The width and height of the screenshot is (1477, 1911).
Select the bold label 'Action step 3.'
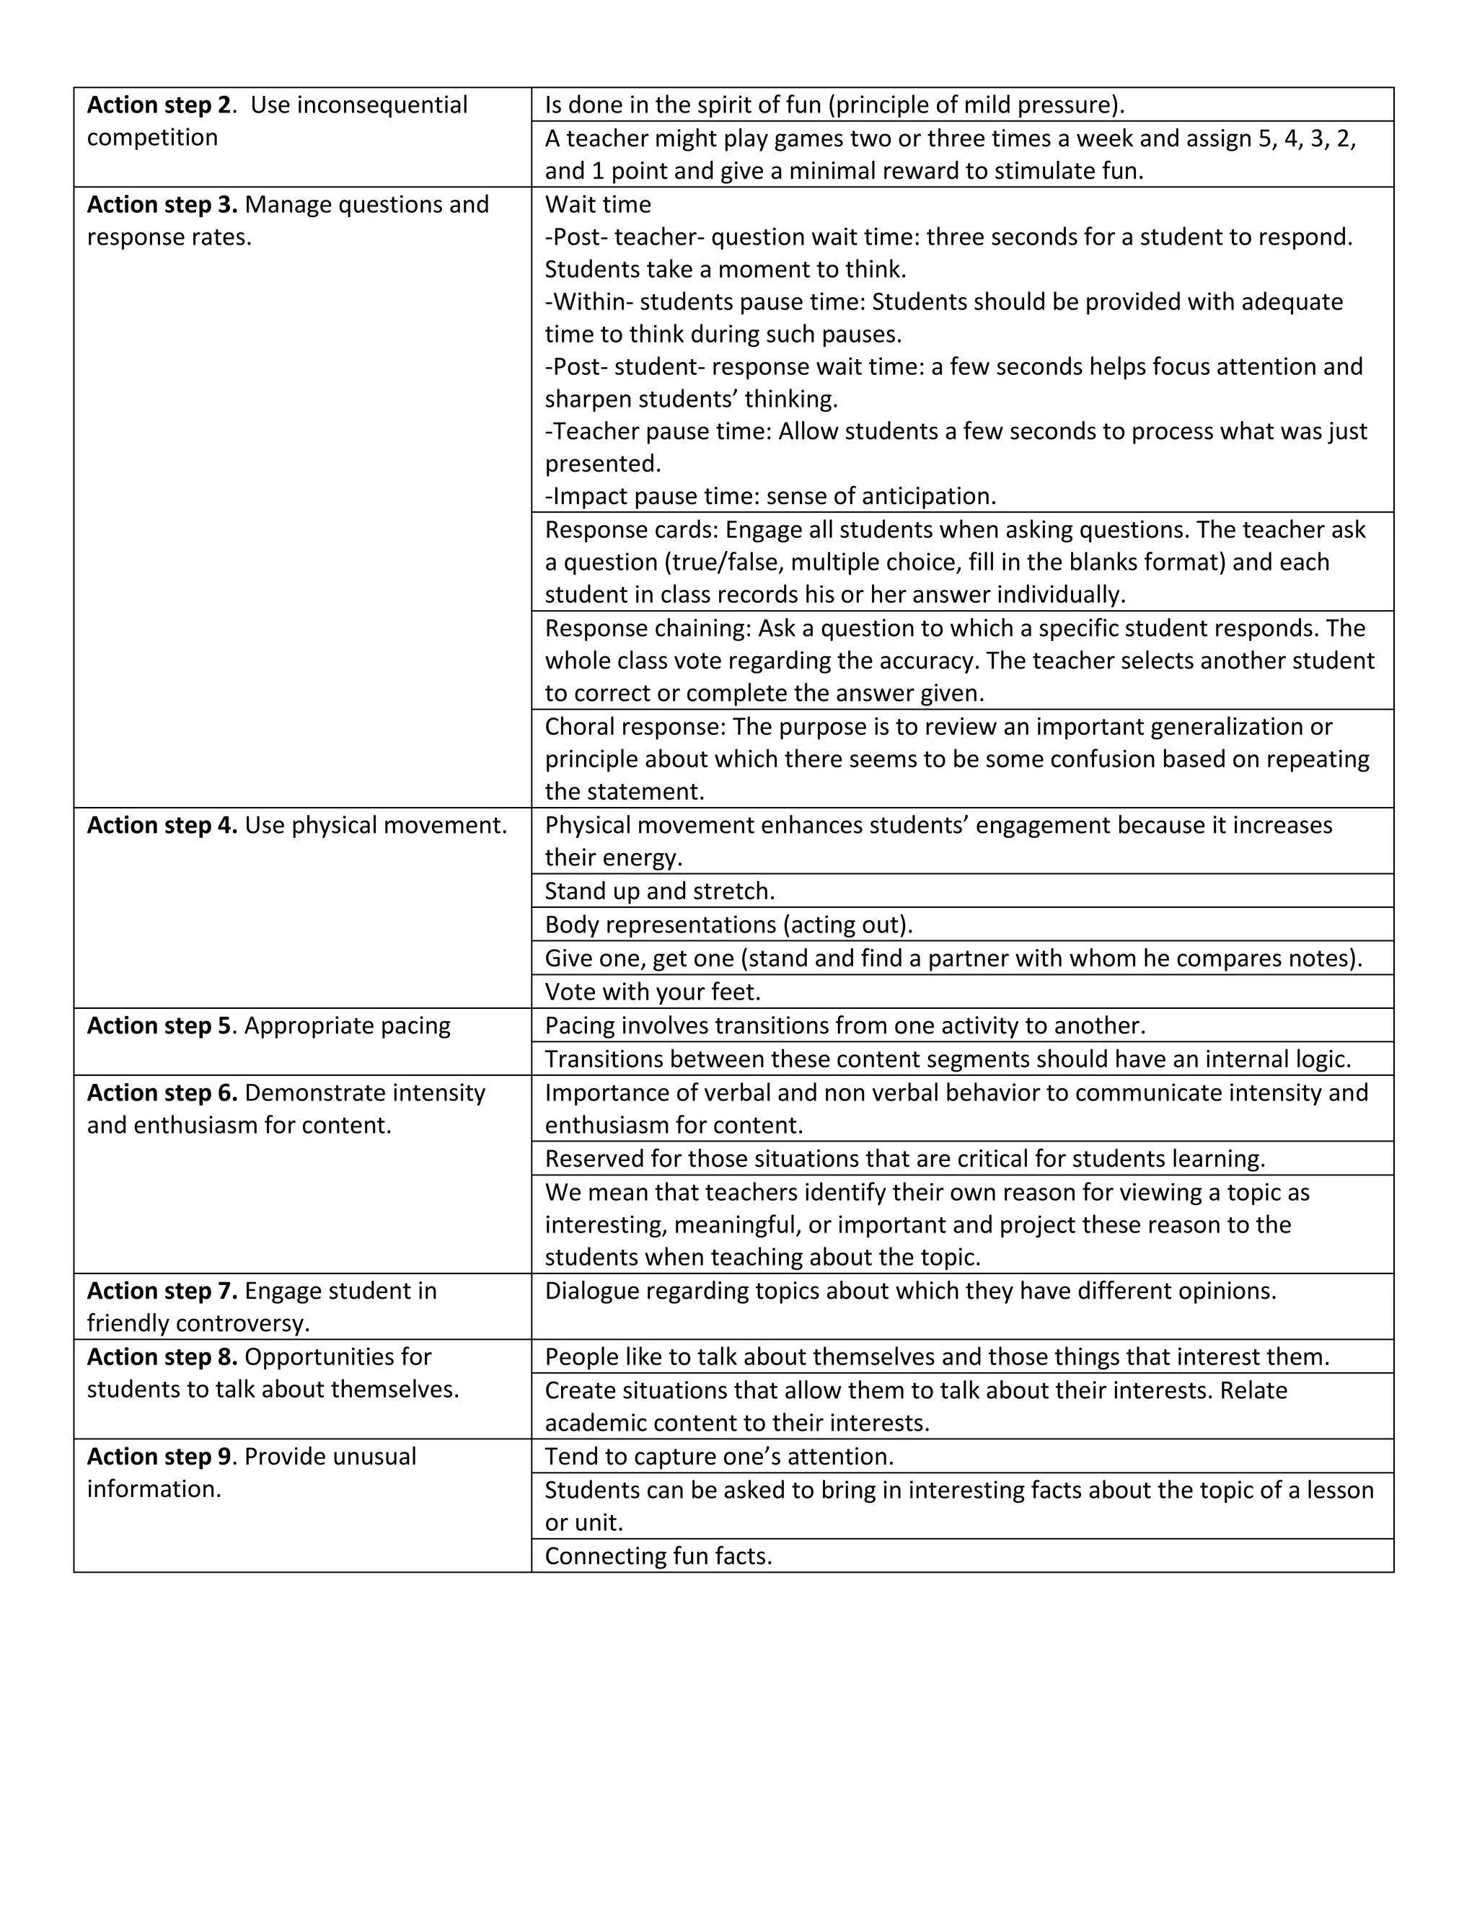(x=162, y=205)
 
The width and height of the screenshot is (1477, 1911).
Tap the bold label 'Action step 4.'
(x=162, y=825)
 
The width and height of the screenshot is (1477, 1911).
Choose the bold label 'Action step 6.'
(x=162, y=1093)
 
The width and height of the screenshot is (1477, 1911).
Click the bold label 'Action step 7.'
(x=162, y=1291)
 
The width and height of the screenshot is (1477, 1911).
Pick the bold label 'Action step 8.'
(x=162, y=1357)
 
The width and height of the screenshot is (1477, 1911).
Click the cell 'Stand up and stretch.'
(x=660, y=891)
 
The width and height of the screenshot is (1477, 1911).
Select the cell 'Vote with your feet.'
(x=653, y=992)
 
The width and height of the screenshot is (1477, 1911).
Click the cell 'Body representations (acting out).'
(x=728, y=925)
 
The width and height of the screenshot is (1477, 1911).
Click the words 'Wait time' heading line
(x=598, y=205)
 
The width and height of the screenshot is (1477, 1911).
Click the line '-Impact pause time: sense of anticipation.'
(x=770, y=496)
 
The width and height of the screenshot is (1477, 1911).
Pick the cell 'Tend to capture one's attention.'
(x=719, y=1457)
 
